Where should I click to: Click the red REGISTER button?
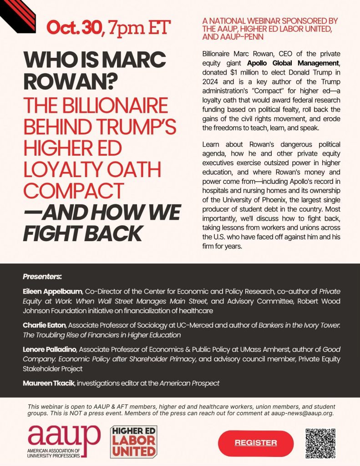[x=256, y=443]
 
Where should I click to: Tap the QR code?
[x=320, y=443]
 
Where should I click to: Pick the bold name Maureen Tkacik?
[x=49, y=383]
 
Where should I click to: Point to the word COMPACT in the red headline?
[x=74, y=190]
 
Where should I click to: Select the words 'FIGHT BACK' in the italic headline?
[x=82, y=233]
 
